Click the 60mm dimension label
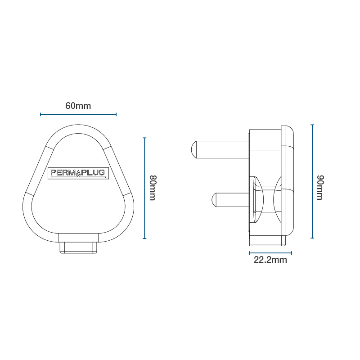[78, 106]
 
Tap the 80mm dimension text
[153, 188]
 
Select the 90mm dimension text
[320, 187]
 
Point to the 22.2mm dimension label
[270, 260]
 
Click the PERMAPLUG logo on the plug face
[78, 173]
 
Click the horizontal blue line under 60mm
[78, 114]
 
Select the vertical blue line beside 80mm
[144, 188]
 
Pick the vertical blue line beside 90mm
[312, 181]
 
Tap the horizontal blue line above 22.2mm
[270, 253]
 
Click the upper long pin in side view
[220, 150]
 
